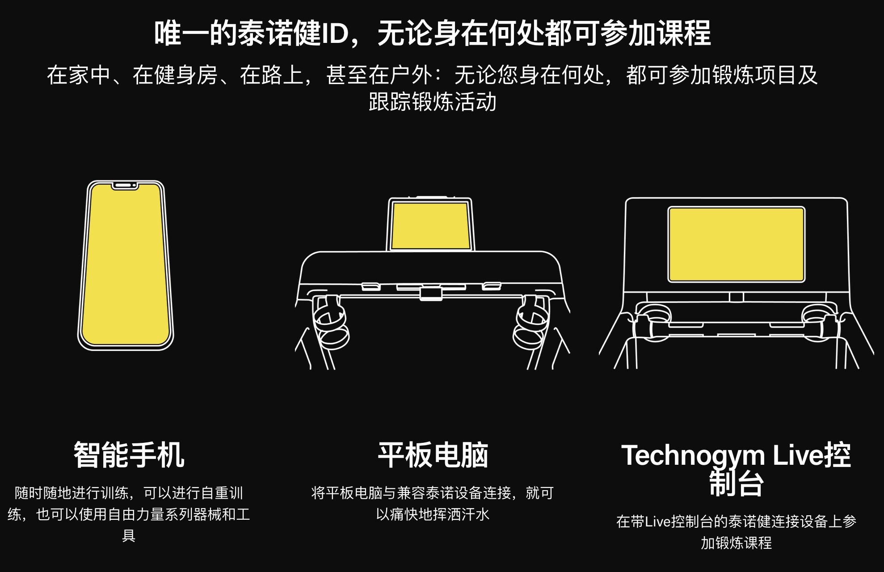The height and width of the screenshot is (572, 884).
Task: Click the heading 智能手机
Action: pos(129,455)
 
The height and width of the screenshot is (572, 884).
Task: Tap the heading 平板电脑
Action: pos(433,455)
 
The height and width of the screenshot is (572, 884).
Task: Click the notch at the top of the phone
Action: pos(125,185)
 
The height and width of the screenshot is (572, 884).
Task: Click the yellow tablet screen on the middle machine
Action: pos(430,225)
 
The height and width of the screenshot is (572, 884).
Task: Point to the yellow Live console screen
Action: pos(736,244)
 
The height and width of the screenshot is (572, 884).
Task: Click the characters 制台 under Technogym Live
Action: pos(736,484)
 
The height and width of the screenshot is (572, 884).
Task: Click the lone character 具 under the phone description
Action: pos(129,535)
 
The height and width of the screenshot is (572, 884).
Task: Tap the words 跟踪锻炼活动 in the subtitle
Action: pos(433,101)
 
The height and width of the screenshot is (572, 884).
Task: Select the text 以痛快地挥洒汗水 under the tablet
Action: pos(433,514)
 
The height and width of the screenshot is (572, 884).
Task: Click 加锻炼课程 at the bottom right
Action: pos(736,543)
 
